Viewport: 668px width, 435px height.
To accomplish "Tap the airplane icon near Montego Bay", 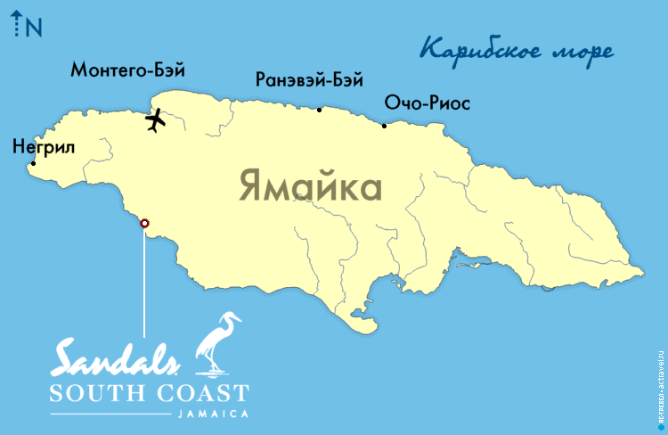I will (x=155, y=119).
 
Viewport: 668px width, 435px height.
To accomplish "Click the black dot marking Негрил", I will (x=33, y=163).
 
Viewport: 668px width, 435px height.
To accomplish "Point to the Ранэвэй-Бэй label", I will (x=308, y=80).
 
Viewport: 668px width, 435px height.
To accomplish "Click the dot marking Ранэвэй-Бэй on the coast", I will (x=320, y=110).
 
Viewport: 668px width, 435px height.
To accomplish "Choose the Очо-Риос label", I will (x=427, y=104).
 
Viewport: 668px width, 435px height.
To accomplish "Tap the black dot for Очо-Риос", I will (x=384, y=126).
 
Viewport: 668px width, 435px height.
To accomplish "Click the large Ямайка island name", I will (x=310, y=188).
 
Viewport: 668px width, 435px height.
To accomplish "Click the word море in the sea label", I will (x=584, y=51).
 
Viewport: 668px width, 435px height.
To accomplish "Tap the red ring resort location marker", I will (x=145, y=224).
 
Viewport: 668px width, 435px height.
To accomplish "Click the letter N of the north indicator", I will (x=35, y=28).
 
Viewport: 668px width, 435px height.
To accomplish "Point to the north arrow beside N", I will (x=17, y=27).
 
